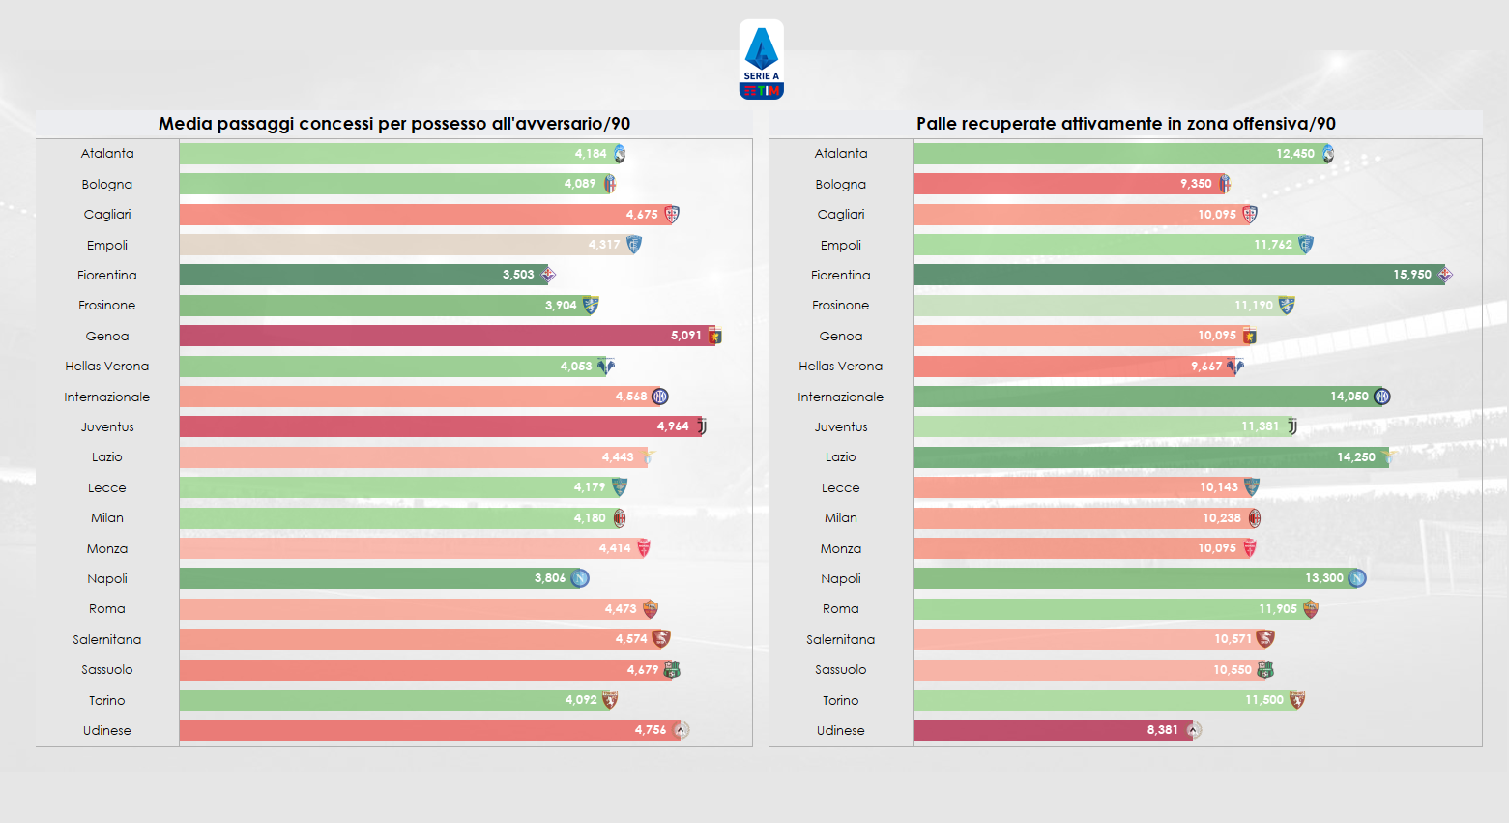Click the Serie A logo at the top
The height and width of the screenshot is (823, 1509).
pyautogui.click(x=761, y=60)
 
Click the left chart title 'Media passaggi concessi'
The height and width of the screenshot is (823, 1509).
pyautogui.click(x=393, y=124)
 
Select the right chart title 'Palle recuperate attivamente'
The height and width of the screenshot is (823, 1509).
pyautogui.click(x=1125, y=124)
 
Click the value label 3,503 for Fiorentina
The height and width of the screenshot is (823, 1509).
pyautogui.click(x=518, y=275)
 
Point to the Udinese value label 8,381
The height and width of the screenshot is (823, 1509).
pyautogui.click(x=1162, y=730)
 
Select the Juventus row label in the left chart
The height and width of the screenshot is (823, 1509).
pyautogui.click(x=107, y=426)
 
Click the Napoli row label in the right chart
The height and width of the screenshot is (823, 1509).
pyautogui.click(x=840, y=578)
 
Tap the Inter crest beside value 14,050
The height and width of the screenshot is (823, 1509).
pyautogui.click(x=1382, y=397)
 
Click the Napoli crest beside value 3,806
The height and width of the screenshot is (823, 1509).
pyautogui.click(x=580, y=578)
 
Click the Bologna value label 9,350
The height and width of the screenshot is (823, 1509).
pyautogui.click(x=1195, y=184)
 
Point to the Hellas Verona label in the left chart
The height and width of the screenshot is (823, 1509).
pyautogui.click(x=107, y=366)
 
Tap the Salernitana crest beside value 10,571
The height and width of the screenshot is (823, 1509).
pyautogui.click(x=1265, y=638)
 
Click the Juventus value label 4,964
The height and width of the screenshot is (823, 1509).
pyautogui.click(x=673, y=426)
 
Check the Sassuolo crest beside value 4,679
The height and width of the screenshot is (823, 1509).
pyautogui.click(x=672, y=669)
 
